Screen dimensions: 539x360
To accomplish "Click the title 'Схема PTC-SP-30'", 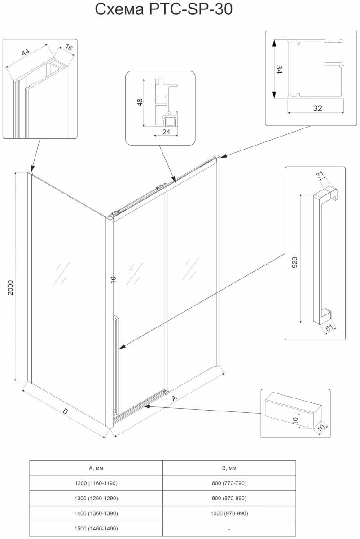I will click(x=164, y=10).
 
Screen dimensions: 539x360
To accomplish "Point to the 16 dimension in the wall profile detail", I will click(x=68, y=46).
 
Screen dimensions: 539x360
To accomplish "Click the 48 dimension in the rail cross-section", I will click(x=140, y=102).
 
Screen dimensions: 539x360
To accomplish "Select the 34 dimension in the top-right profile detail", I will click(x=279, y=70).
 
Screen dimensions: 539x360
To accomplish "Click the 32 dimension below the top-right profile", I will click(x=317, y=108).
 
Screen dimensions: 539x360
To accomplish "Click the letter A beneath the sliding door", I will click(x=175, y=398).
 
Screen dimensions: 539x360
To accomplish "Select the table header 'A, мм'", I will click(x=96, y=468).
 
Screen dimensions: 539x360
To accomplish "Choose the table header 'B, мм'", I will click(x=229, y=468).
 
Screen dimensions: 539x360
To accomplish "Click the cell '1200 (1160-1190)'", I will click(x=96, y=483).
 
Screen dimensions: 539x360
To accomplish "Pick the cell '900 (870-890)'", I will click(x=229, y=499).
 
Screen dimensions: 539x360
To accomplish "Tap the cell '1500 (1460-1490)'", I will click(x=96, y=529).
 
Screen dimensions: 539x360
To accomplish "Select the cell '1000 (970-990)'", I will click(x=229, y=513).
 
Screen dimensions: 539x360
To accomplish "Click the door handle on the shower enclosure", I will click(x=116, y=364).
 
